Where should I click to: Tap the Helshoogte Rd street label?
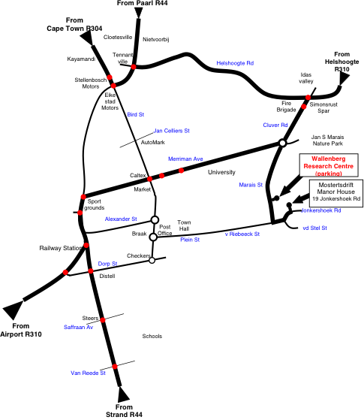235,63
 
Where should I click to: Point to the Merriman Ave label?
185,159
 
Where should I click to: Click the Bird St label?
135,114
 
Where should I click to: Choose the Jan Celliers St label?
172,131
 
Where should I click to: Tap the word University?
221,172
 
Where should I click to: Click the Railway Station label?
61,248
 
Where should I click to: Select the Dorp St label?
107,264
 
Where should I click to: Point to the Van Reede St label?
88,373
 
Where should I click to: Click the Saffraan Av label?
78,327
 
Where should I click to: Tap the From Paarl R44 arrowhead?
138,13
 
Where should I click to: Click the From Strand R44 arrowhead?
123,394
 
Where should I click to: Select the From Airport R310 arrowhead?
13,310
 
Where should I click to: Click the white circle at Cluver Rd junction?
283,143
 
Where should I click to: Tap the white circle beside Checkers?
152,260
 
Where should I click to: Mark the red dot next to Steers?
103,319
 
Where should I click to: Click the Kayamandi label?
81,59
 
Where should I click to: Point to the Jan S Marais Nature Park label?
327,141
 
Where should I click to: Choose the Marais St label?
251,185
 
